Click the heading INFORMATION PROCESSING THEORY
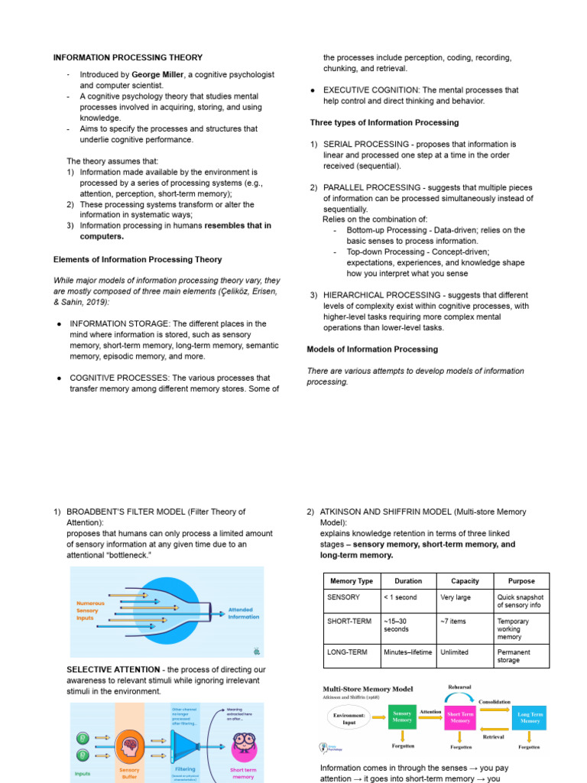coord(128,57)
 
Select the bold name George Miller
coord(161,75)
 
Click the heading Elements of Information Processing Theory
coord(138,259)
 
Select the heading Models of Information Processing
coord(372,349)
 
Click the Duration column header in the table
coord(408,581)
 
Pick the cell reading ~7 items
coord(453,621)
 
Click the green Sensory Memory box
coord(402,716)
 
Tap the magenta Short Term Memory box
coord(460,716)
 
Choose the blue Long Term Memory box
coord(530,716)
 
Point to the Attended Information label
coord(244,612)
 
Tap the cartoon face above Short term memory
coord(242,743)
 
